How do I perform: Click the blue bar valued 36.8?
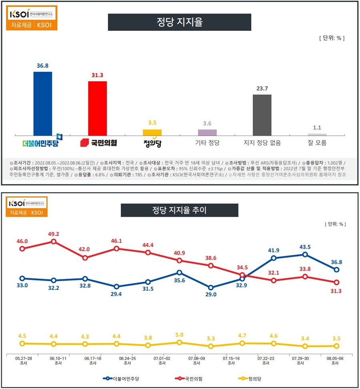[x=45, y=104]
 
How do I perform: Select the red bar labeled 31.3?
[x=97, y=108]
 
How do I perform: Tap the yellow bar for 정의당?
[x=152, y=132]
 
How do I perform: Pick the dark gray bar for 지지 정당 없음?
[x=262, y=115]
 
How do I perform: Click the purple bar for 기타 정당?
[x=207, y=132]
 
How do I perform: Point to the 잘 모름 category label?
[x=317, y=143]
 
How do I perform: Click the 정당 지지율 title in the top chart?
[x=180, y=22]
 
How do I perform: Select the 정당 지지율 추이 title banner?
[x=180, y=210]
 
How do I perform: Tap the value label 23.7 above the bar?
[x=262, y=89]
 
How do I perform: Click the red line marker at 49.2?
[x=54, y=241]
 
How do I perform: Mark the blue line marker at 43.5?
[x=305, y=254]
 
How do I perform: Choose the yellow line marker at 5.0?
[x=179, y=342]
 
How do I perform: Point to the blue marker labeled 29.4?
[x=116, y=287]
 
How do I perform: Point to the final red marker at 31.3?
[x=337, y=282]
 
